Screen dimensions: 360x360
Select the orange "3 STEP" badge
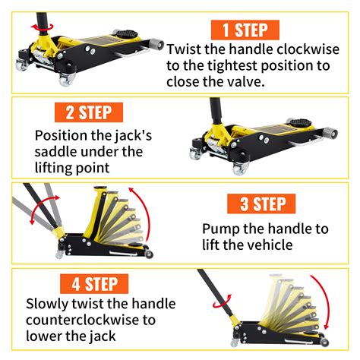point(264,204)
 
